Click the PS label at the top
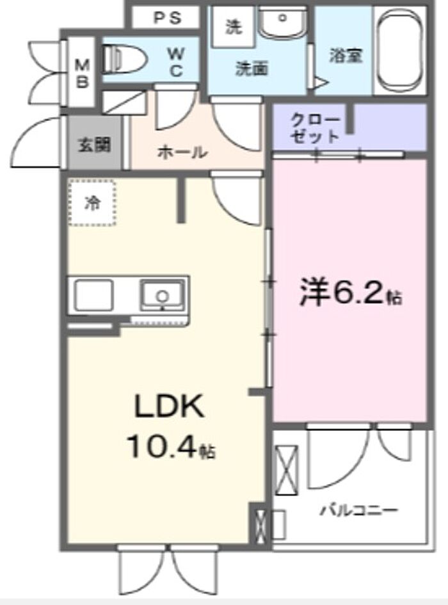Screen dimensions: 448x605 [167, 17]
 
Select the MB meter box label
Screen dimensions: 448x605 [82, 73]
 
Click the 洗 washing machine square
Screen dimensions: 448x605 [234, 27]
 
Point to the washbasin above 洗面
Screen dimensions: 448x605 [282, 22]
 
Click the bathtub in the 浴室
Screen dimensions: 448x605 [400, 49]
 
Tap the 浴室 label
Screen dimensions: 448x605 [346, 56]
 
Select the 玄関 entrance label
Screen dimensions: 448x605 [95, 145]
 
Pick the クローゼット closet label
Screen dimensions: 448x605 [316, 128]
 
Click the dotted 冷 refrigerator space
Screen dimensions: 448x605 [92, 202]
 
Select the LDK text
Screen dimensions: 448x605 [169, 407]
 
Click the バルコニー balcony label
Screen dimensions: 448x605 [358, 511]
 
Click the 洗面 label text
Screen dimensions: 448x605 [252, 69]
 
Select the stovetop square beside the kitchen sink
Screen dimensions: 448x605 [94, 296]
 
